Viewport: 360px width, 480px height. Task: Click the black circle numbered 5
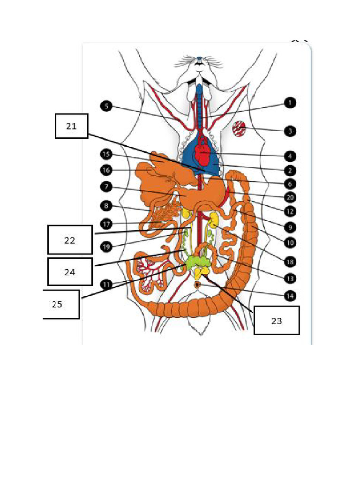[106, 106]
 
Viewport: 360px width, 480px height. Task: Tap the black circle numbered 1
[291, 103]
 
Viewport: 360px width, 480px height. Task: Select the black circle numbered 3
[291, 131]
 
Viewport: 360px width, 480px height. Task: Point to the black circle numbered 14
[291, 295]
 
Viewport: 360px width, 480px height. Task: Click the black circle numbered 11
[106, 284]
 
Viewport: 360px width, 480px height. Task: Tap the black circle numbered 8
[106, 205]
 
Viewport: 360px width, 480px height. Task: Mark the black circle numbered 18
[291, 260]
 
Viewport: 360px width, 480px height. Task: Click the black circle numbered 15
[106, 154]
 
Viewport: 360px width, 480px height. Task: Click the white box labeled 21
[72, 126]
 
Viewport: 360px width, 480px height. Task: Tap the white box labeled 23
[276, 321]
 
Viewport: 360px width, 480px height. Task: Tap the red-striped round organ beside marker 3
[240, 128]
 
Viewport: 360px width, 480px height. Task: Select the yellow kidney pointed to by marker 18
[214, 220]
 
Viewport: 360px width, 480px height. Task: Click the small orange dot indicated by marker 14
[198, 285]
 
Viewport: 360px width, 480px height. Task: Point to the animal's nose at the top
[200, 60]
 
